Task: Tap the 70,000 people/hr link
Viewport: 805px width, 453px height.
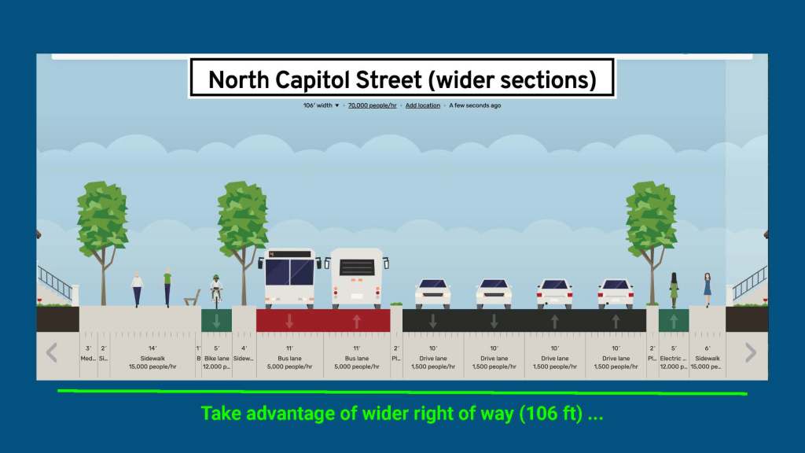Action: [x=372, y=105]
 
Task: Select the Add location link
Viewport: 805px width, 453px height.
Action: [x=423, y=105]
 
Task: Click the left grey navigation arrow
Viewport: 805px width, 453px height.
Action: [x=52, y=352]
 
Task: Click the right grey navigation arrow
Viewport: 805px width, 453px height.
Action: [x=751, y=352]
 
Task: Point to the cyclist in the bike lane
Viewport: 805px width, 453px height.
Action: [x=216, y=289]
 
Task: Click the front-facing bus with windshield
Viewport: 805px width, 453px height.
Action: [x=290, y=278]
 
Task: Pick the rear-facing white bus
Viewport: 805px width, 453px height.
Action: [x=358, y=278]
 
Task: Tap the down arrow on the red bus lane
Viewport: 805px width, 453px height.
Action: [x=290, y=321]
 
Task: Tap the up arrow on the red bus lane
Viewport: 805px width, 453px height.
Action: [x=358, y=321]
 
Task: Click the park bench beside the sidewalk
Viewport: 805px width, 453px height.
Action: [x=192, y=298]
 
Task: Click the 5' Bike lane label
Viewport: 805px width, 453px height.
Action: [x=216, y=357]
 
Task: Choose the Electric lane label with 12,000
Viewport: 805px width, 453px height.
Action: [x=673, y=357]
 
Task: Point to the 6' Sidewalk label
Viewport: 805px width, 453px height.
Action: [x=708, y=357]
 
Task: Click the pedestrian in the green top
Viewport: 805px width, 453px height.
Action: [x=167, y=287]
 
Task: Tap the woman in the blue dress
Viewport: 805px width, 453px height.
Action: [x=708, y=289]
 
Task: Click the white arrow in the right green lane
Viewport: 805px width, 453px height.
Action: [x=673, y=321]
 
